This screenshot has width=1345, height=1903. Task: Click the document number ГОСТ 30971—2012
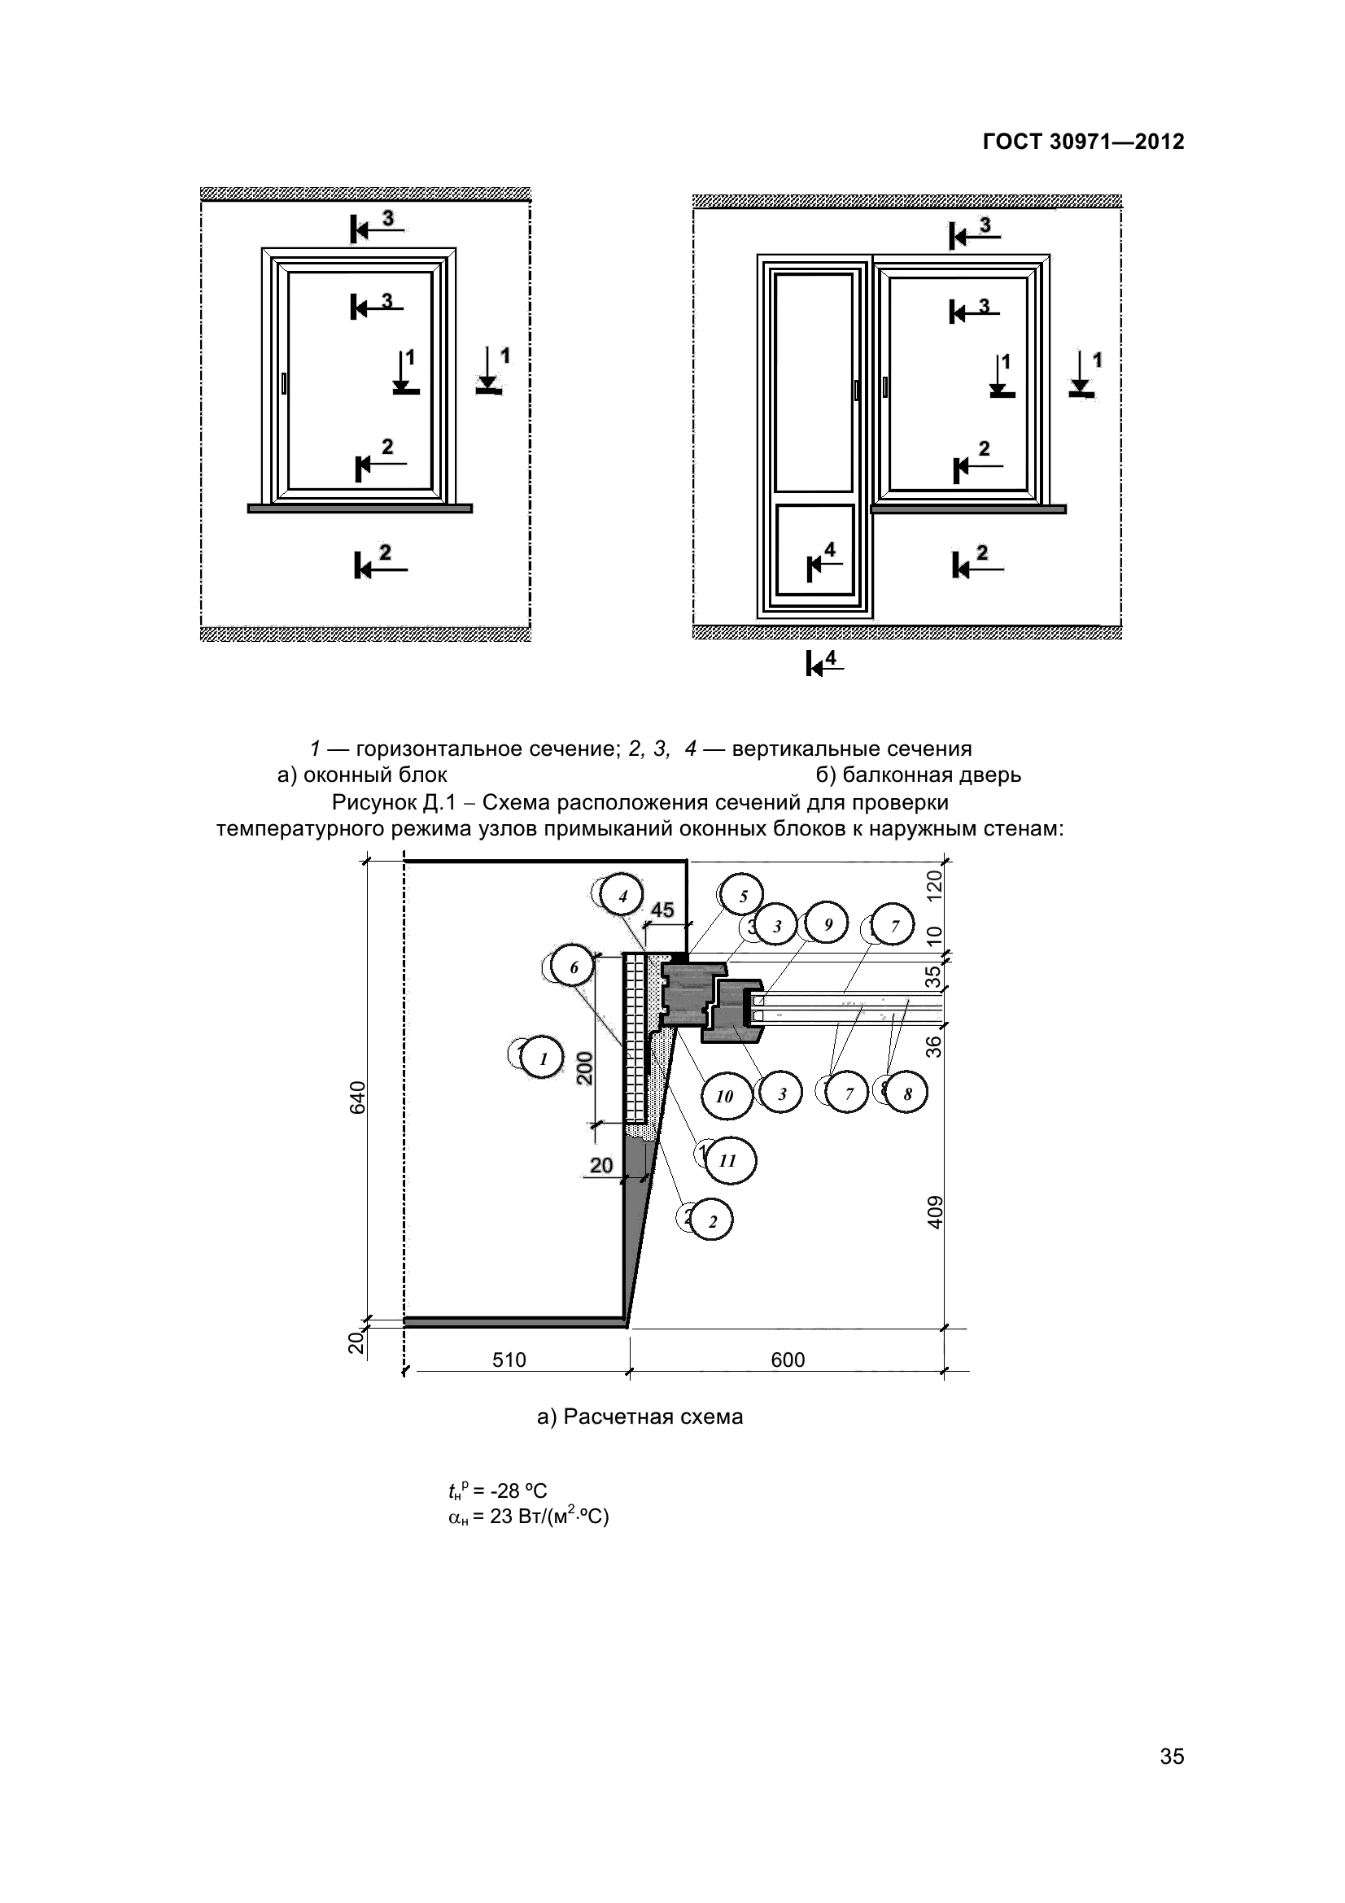point(1083,142)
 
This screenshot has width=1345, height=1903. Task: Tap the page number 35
point(1172,1779)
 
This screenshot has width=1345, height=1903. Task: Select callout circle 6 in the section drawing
point(574,967)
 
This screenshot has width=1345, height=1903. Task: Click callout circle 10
point(725,1097)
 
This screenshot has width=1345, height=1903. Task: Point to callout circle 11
point(728,1160)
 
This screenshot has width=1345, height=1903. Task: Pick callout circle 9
point(827,925)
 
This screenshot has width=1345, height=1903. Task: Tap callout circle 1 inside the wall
point(544,1058)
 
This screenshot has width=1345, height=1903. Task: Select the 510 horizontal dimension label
point(509,1360)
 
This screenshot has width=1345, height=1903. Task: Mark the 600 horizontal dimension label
point(788,1360)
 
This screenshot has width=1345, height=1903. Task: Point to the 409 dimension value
point(935,1211)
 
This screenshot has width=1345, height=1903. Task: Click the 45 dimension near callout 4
point(662,910)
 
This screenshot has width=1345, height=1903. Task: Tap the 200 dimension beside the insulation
point(585,1067)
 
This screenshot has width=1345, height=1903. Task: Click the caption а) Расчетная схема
point(640,1416)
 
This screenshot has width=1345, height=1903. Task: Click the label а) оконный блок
point(362,775)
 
